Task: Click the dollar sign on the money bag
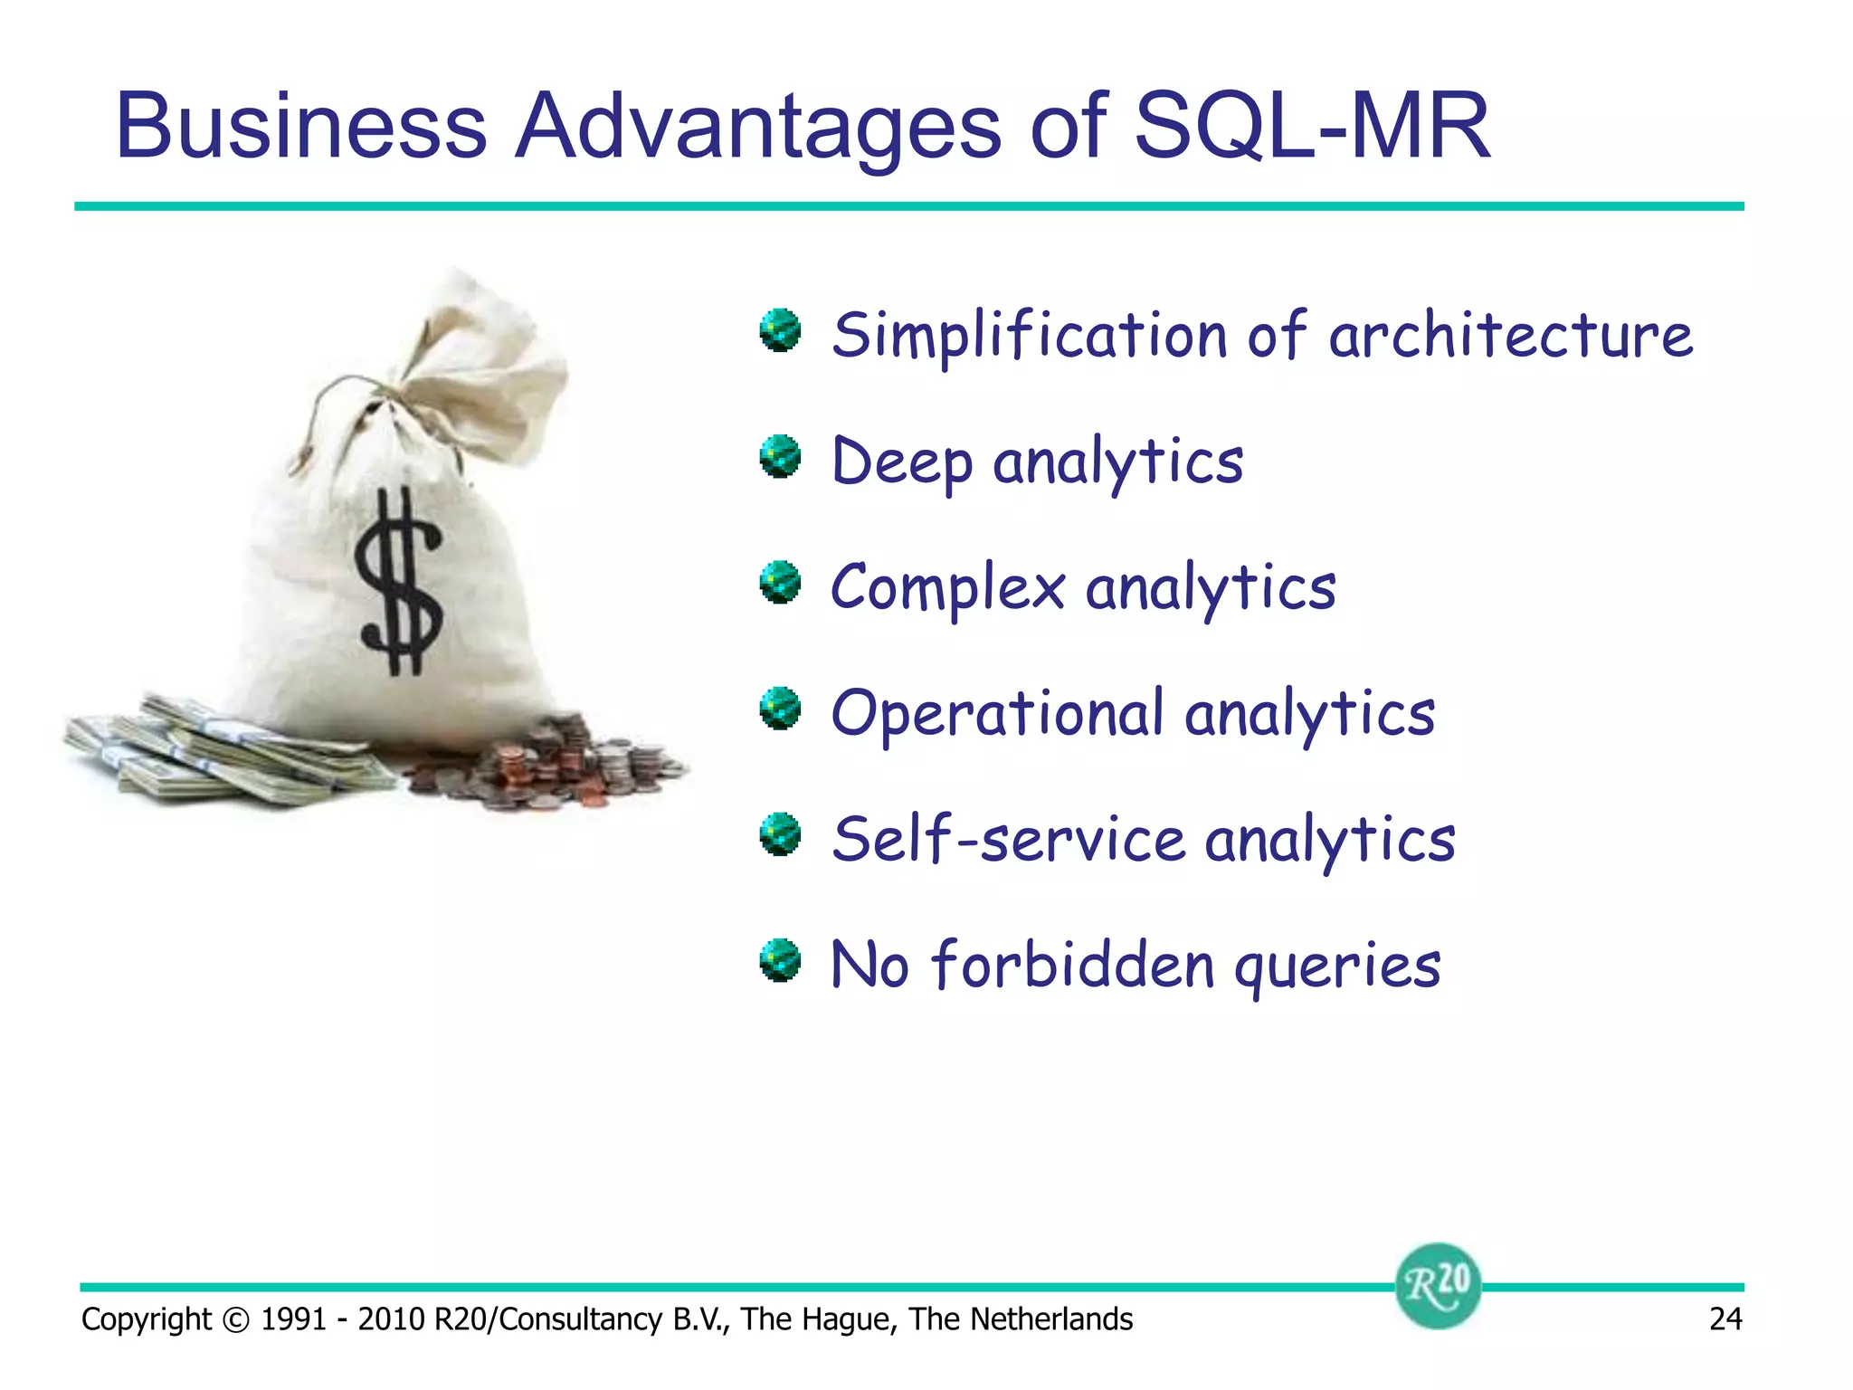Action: click(x=398, y=582)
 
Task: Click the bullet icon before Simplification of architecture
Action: click(x=780, y=331)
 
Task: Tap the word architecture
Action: click(x=1510, y=335)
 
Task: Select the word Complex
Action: click(x=947, y=588)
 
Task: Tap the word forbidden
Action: click(x=1072, y=965)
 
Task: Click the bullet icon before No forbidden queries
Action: click(x=780, y=961)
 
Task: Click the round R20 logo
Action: click(x=1438, y=1285)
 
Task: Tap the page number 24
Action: click(x=1725, y=1319)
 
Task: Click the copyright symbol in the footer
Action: click(x=235, y=1320)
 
